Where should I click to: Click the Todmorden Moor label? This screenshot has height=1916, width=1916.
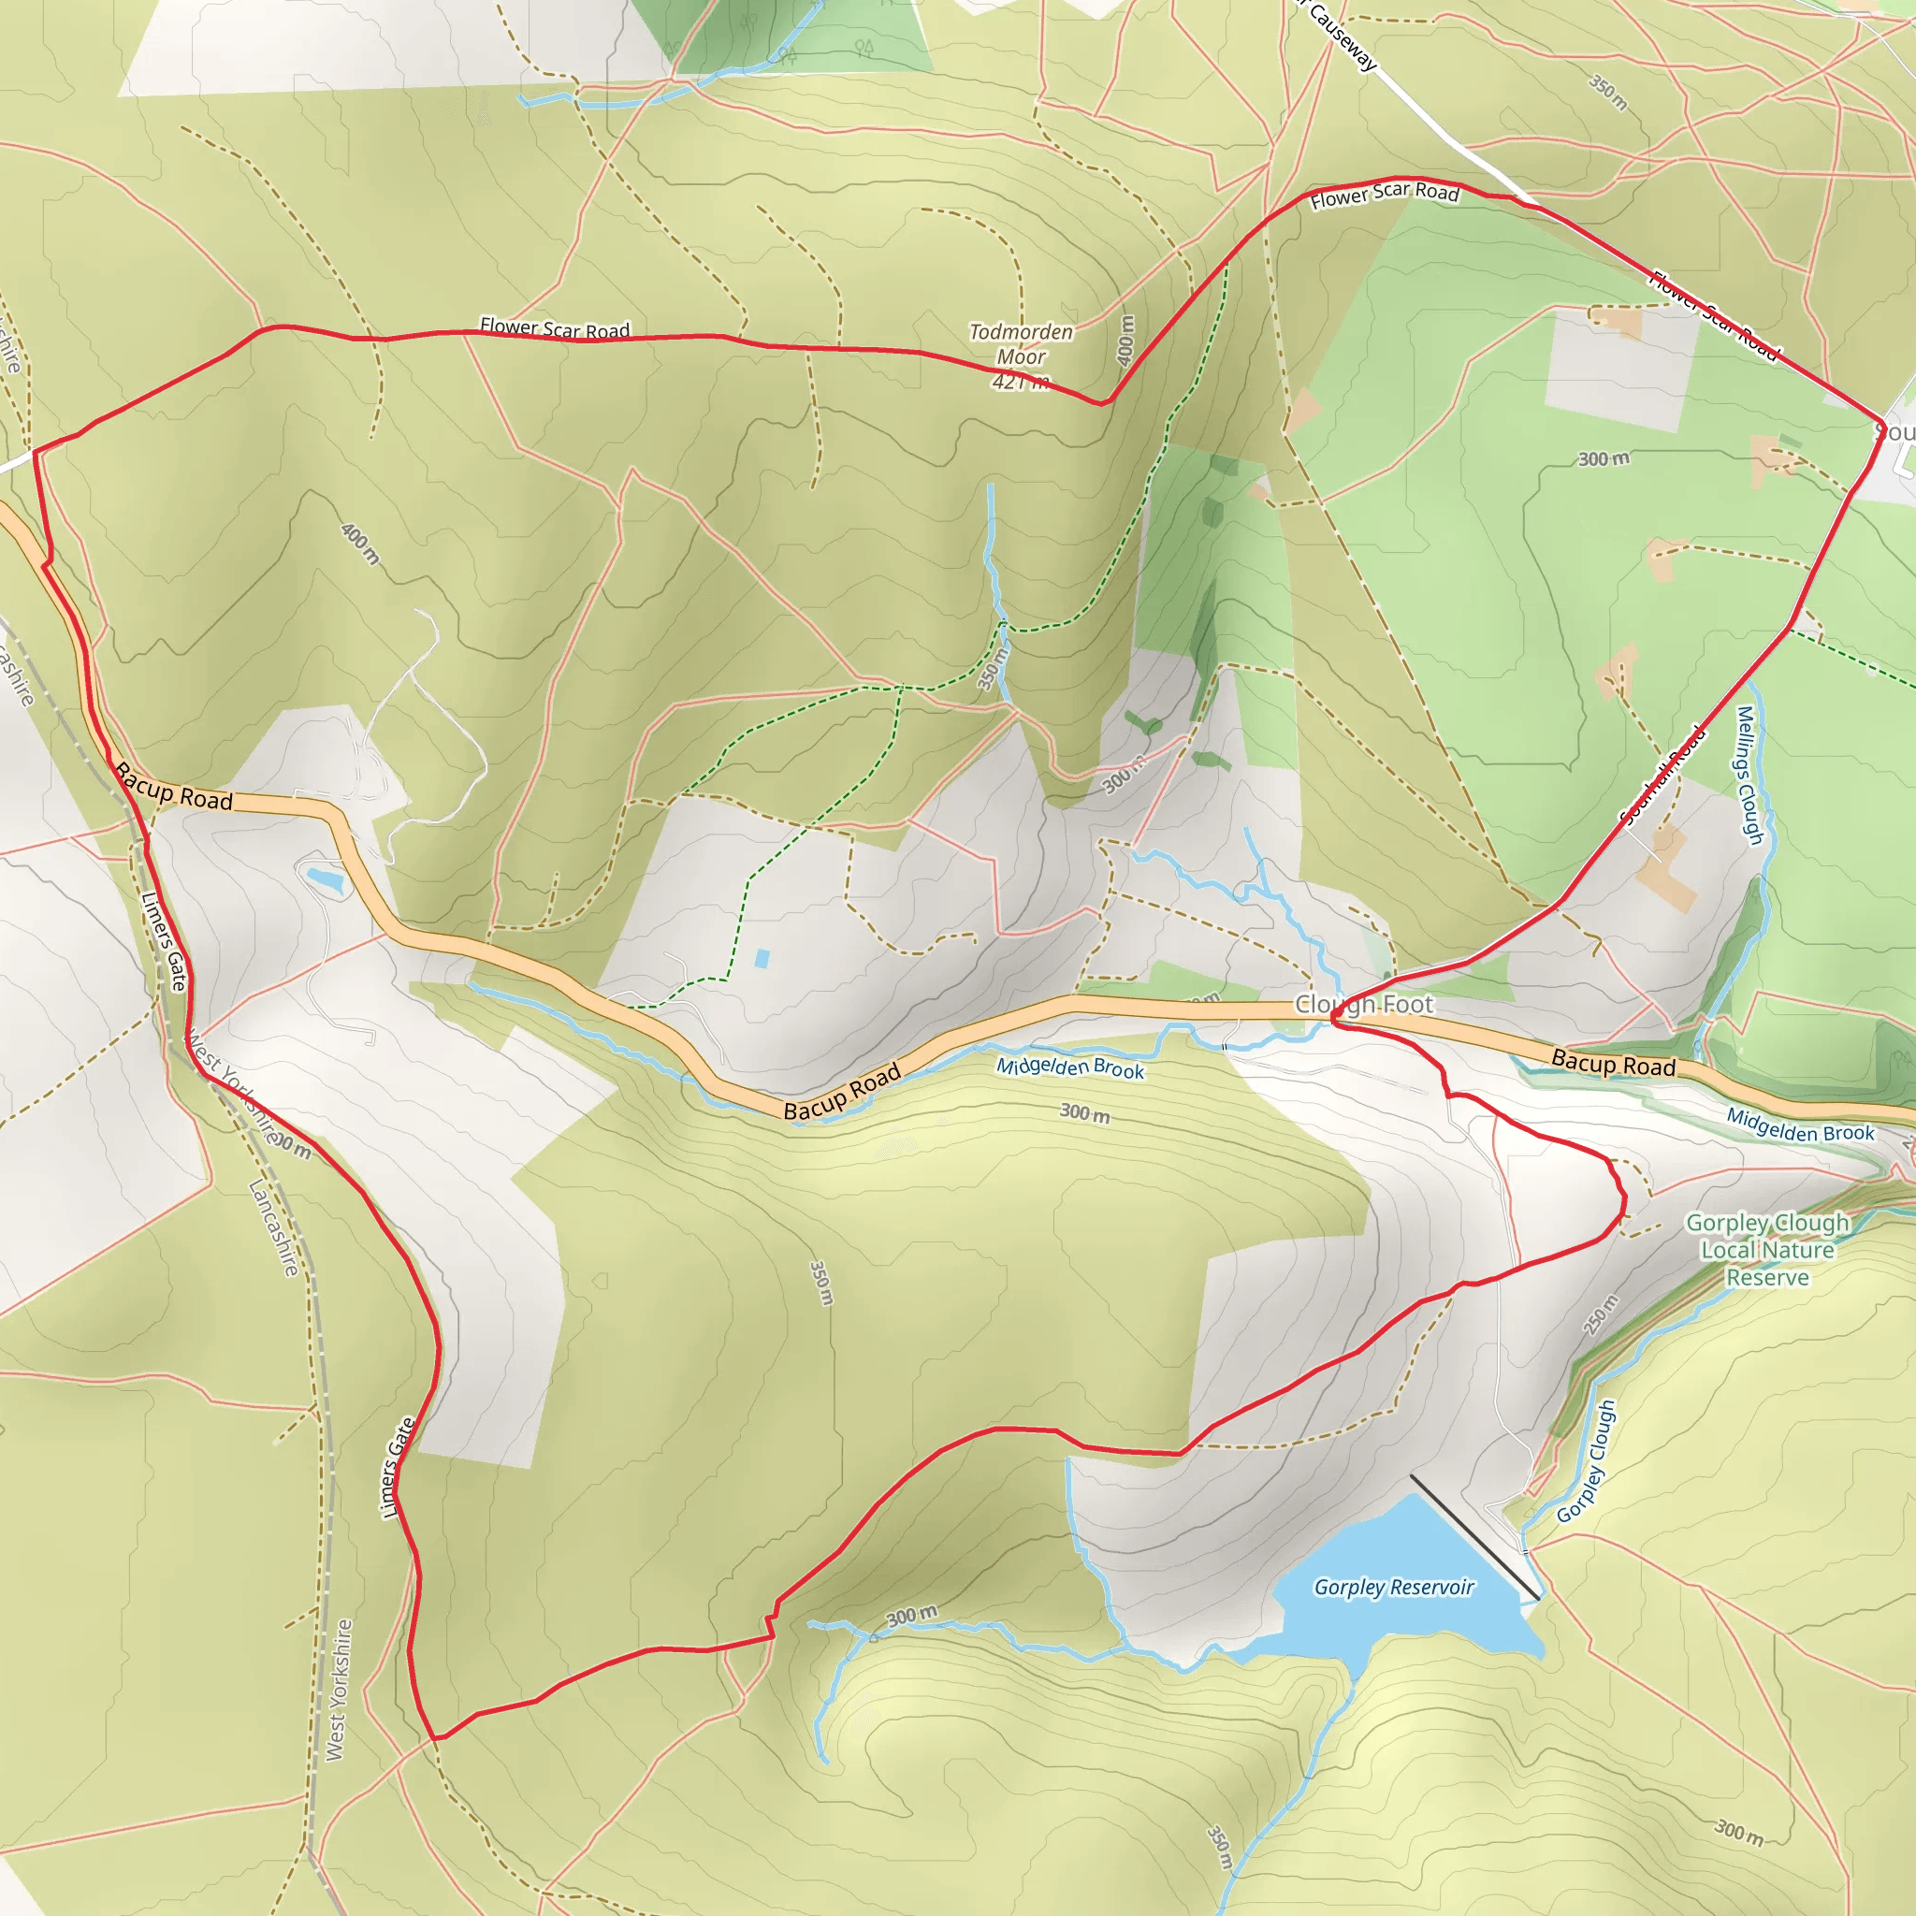point(1021,344)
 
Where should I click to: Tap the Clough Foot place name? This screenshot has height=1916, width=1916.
point(1364,1005)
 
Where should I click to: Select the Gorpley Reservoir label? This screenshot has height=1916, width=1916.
point(1393,1587)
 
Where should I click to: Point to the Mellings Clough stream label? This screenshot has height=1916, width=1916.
point(1749,776)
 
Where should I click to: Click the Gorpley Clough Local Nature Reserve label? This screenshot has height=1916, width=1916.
point(1767,1250)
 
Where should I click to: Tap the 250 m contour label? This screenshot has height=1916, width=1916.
point(1601,1314)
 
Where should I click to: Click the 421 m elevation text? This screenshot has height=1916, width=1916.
point(1021,382)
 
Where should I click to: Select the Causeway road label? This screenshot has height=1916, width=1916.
point(1342,36)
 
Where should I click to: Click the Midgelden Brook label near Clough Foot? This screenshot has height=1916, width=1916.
point(1070,1068)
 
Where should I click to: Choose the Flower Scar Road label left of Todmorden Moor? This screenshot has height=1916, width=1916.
point(555,328)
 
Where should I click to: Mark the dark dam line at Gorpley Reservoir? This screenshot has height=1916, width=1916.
point(1473,1536)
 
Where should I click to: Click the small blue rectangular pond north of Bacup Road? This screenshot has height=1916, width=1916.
point(762,958)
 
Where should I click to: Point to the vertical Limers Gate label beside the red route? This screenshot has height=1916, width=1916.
point(398,1468)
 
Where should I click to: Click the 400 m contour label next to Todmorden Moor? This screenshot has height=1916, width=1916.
point(1125,341)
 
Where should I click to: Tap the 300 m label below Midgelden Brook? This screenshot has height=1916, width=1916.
point(1084,1112)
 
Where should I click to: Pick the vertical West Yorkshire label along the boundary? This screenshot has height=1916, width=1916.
point(338,1690)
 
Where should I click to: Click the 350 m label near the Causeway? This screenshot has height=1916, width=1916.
point(1607,93)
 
